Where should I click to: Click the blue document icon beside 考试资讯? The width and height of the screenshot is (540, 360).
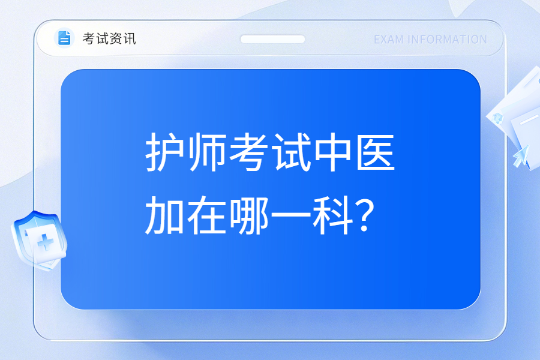click(x=64, y=38)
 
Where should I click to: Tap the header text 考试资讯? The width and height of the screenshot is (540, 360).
click(x=109, y=38)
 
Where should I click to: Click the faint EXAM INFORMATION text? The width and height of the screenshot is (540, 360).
click(x=430, y=40)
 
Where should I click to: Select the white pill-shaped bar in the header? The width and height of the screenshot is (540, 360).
click(x=272, y=39)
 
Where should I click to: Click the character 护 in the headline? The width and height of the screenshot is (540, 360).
click(x=164, y=152)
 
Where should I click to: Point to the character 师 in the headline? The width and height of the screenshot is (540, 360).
click(x=206, y=152)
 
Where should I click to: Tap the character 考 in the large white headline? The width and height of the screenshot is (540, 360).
click(x=249, y=152)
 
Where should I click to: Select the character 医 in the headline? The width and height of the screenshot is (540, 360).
click(x=376, y=152)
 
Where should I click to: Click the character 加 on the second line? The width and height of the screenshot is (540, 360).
click(x=164, y=215)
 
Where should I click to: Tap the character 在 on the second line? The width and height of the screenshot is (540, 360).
click(x=206, y=215)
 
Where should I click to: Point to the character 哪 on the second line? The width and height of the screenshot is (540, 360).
click(x=249, y=215)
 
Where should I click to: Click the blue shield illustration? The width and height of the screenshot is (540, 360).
click(x=39, y=241)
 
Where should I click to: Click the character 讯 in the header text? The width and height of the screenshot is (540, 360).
click(x=130, y=38)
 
